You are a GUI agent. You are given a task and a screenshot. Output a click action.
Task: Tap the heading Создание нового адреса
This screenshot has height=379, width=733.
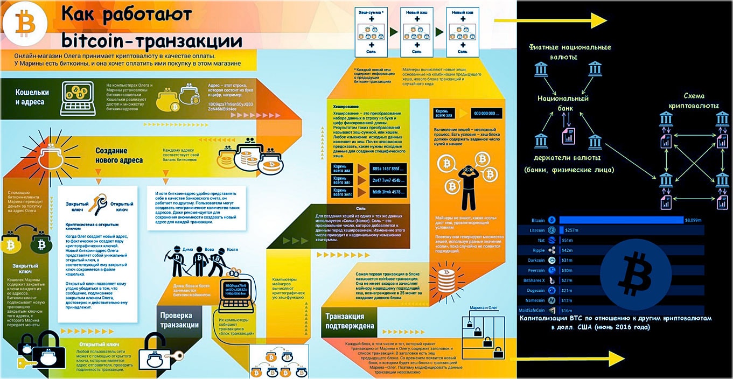coord(119,156)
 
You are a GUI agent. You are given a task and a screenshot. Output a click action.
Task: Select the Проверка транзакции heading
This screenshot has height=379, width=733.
coord(179,320)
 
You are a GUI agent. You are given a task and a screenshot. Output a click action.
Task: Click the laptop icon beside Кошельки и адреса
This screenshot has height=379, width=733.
coord(78,97)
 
